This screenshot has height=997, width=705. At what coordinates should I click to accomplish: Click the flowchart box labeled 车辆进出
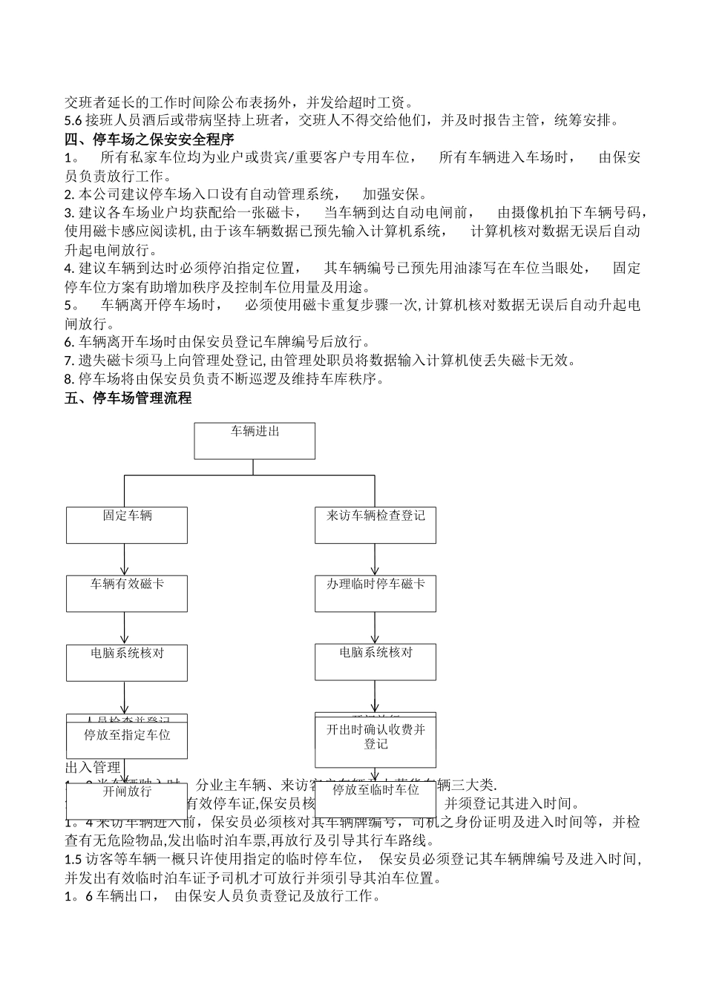pos(255,441)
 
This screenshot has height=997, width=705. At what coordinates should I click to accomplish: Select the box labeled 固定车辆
pos(127,524)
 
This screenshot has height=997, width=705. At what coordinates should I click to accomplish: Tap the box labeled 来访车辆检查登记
pos(376,524)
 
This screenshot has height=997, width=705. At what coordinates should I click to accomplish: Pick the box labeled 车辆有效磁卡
pos(127,593)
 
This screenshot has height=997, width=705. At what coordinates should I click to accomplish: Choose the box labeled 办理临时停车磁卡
pos(376,593)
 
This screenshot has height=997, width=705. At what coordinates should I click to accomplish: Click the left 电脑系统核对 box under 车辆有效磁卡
pos(127,662)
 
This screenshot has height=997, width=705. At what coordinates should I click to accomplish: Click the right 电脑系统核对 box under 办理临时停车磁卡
pos(376,662)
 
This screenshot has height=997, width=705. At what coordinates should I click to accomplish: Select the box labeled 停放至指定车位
pos(127,739)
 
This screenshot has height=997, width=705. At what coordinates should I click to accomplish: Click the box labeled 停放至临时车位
pos(376,797)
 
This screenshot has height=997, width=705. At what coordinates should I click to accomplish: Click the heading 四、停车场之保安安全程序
pos(150,139)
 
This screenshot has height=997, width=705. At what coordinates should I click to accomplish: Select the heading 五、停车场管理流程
pos(128,398)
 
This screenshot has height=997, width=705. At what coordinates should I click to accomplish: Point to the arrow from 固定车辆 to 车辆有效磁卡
pos(125,559)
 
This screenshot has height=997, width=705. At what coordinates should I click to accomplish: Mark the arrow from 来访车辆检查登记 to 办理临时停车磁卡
pos(376,559)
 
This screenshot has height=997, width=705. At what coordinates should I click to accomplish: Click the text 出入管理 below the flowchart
pos(93,767)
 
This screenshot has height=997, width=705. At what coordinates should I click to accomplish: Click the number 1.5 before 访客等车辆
pos(73,859)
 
